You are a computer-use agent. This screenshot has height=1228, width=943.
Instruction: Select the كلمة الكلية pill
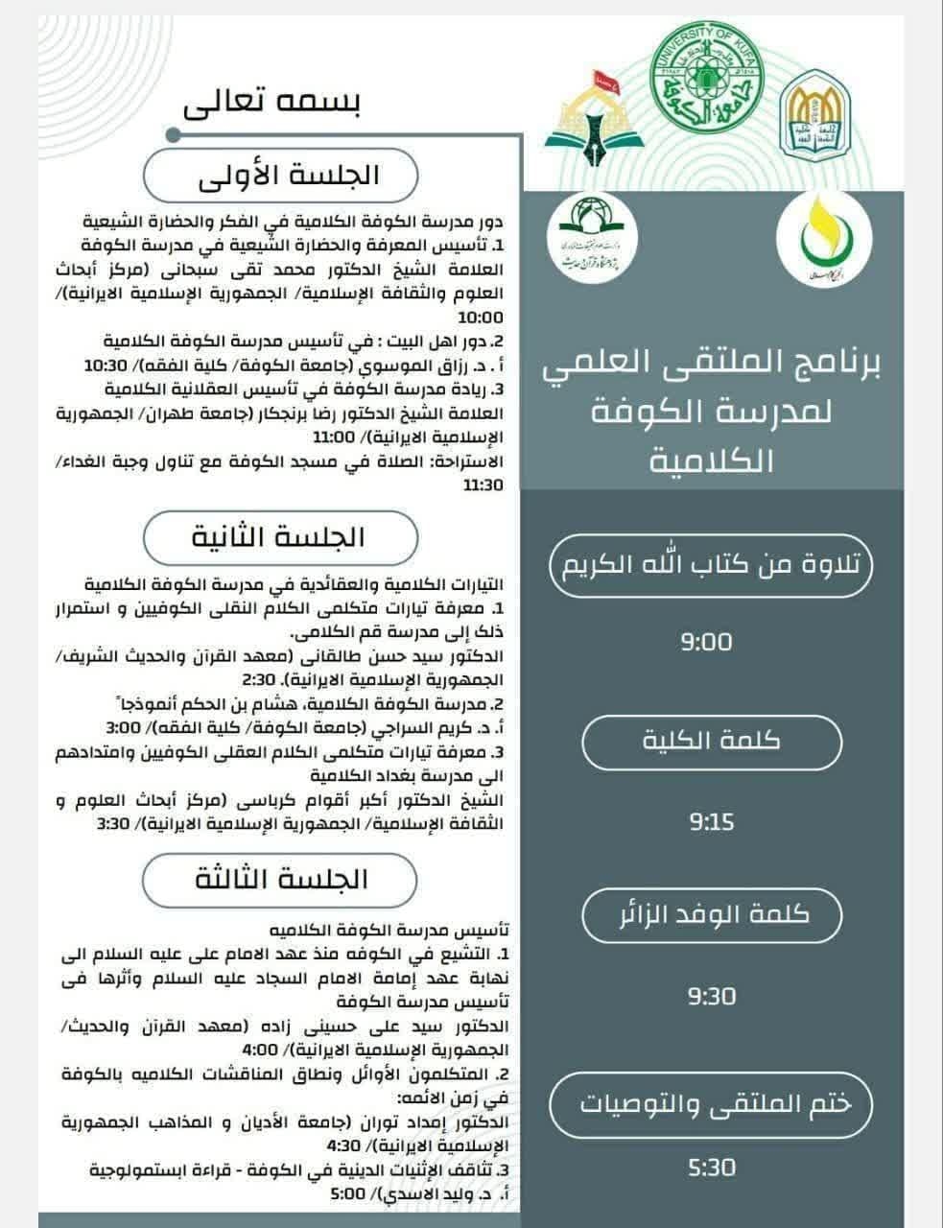[711, 741]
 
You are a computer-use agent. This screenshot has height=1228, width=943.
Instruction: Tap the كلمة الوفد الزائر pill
[711, 914]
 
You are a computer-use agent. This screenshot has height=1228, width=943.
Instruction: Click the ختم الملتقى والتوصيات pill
[711, 1103]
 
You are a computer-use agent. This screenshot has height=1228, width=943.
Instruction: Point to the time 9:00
[707, 642]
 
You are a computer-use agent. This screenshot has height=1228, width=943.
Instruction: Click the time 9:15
[711, 822]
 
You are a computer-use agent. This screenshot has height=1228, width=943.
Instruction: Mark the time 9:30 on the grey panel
[711, 997]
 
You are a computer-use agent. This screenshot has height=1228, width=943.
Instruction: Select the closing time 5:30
[711, 1168]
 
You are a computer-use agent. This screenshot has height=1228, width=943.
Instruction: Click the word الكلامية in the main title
[711, 461]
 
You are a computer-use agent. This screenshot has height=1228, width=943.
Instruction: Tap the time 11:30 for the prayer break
[483, 485]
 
